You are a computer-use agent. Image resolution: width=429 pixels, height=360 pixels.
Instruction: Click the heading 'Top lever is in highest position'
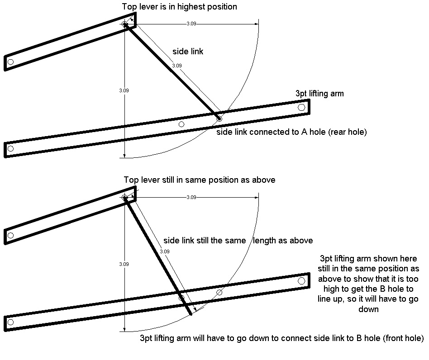click(x=180, y=7)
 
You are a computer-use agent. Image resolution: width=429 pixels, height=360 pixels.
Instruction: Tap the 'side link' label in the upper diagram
click(x=188, y=52)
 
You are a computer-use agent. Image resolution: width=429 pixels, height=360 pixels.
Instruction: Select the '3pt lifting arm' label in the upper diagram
click(x=319, y=94)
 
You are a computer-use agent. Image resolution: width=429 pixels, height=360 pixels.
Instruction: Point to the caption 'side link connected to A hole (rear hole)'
click(x=291, y=132)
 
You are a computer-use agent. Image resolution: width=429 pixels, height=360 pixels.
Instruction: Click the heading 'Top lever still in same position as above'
click(x=200, y=180)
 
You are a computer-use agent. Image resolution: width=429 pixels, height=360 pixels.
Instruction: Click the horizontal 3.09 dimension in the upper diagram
click(x=191, y=24)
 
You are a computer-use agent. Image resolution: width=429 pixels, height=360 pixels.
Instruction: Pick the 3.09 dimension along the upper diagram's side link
click(x=177, y=66)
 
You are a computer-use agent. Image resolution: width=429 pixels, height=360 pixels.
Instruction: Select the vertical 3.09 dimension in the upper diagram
click(x=124, y=90)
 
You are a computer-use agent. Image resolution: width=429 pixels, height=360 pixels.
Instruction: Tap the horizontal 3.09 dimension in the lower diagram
click(x=191, y=197)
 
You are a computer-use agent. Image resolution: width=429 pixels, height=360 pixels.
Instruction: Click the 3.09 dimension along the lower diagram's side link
click(x=165, y=251)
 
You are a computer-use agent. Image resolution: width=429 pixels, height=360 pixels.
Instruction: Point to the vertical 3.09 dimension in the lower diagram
click(x=124, y=264)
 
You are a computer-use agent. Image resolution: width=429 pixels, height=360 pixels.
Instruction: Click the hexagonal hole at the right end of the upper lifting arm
click(x=301, y=107)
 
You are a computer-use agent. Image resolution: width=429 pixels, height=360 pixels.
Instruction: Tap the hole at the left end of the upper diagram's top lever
click(x=11, y=62)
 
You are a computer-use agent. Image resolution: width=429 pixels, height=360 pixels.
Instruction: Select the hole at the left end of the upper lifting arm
click(x=11, y=148)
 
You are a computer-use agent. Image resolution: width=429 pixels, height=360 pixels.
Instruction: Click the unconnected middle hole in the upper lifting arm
click(x=181, y=124)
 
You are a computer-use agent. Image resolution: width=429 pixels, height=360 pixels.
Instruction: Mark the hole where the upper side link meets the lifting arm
click(x=219, y=119)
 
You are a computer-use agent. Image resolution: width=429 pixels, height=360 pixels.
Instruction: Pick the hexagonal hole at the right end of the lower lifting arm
click(x=301, y=281)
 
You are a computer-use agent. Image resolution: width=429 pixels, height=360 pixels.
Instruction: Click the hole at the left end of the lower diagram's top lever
click(x=11, y=235)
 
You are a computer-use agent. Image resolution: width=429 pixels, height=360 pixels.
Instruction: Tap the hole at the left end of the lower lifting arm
click(x=11, y=322)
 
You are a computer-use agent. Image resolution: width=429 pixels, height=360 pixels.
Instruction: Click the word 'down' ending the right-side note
click(x=368, y=309)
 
